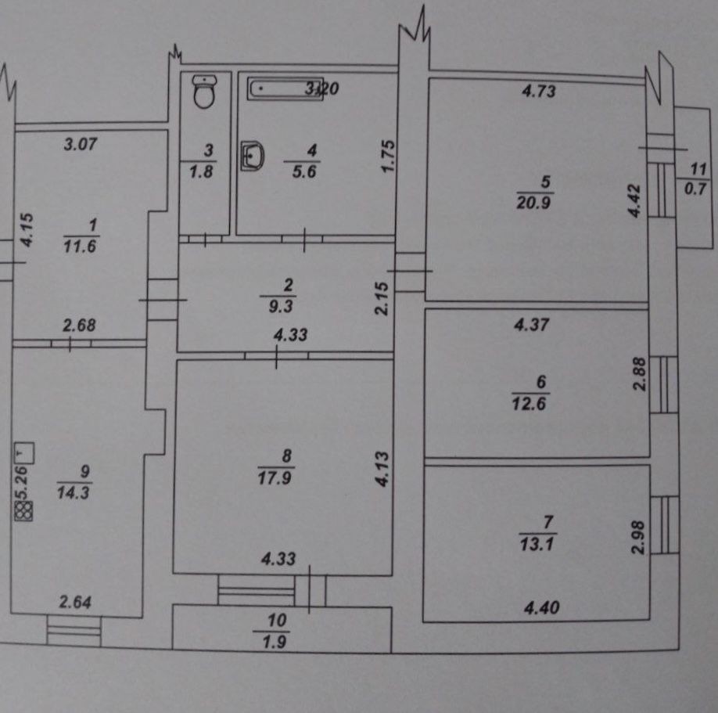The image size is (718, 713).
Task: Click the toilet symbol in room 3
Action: click(204, 92)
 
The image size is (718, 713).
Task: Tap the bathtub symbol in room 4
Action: click(285, 88)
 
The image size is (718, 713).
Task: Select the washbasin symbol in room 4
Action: click(253, 155)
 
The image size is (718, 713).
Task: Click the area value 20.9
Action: click(533, 202)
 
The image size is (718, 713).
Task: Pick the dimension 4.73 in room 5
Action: click(539, 91)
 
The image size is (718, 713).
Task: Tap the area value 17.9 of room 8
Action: click(275, 478)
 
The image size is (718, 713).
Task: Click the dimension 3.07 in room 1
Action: click(81, 144)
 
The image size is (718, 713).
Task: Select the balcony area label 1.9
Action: click(275, 642)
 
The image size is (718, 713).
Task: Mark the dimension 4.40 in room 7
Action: click(542, 607)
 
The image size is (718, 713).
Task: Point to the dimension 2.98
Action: click(638, 537)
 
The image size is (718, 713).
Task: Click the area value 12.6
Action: click(529, 404)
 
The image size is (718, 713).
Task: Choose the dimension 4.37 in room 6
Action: click(531, 325)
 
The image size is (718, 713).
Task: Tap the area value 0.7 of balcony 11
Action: click(695, 189)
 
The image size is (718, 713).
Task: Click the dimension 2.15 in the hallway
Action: click(382, 298)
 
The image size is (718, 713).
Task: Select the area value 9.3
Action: click(280, 306)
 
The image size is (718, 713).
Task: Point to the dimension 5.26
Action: click(22, 482)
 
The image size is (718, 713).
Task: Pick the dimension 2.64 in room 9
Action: click(75, 602)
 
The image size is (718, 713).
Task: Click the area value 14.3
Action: click(74, 492)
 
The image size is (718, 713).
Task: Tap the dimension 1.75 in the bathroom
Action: click(387, 156)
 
